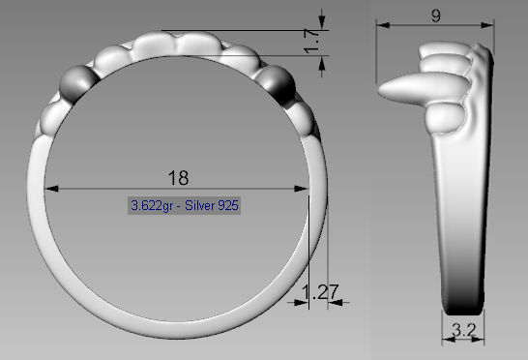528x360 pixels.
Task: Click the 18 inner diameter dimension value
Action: (x=178, y=177)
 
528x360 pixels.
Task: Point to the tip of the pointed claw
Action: (x=378, y=90)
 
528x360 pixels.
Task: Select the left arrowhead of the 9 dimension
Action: (x=380, y=24)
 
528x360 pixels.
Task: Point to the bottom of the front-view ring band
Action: (x=178, y=324)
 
